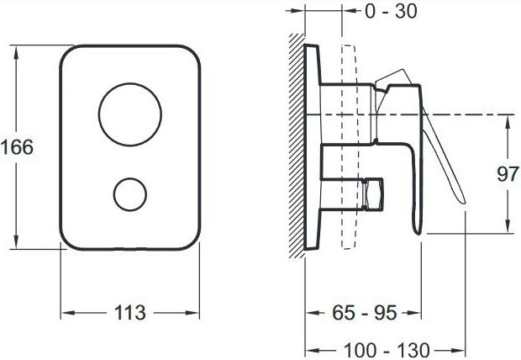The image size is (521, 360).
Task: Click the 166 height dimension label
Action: coord(18,146)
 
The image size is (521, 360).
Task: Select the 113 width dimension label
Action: coord(130,313)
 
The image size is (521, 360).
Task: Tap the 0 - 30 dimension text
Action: coord(391,11)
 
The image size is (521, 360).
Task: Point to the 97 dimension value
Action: coord(508,173)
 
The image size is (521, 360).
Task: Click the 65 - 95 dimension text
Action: coord(365,313)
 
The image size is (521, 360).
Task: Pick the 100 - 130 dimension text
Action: coord(387,351)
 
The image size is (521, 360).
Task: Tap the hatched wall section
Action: coord(297,146)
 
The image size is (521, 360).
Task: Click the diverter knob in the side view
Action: coord(373,194)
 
